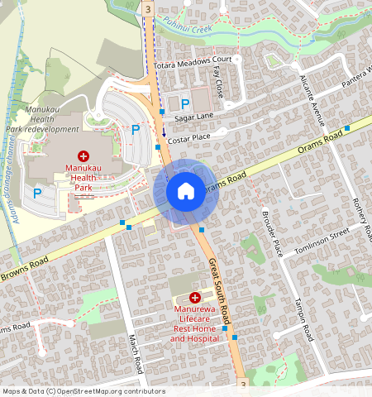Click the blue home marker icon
(186, 192)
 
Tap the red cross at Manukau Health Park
(83, 156)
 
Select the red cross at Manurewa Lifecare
(195, 297)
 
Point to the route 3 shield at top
(147, 7)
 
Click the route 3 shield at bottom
(241, 385)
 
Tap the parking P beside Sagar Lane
(185, 103)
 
